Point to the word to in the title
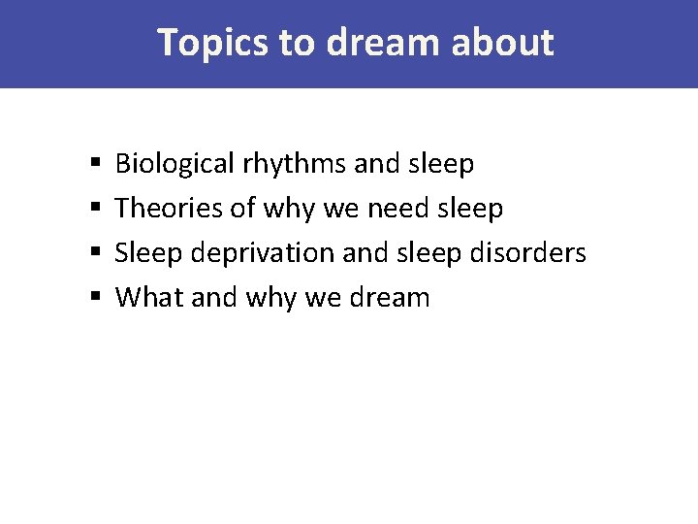tap(295, 43)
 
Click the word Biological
tap(174, 164)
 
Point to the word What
tap(144, 297)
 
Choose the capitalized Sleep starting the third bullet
tap(149, 252)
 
